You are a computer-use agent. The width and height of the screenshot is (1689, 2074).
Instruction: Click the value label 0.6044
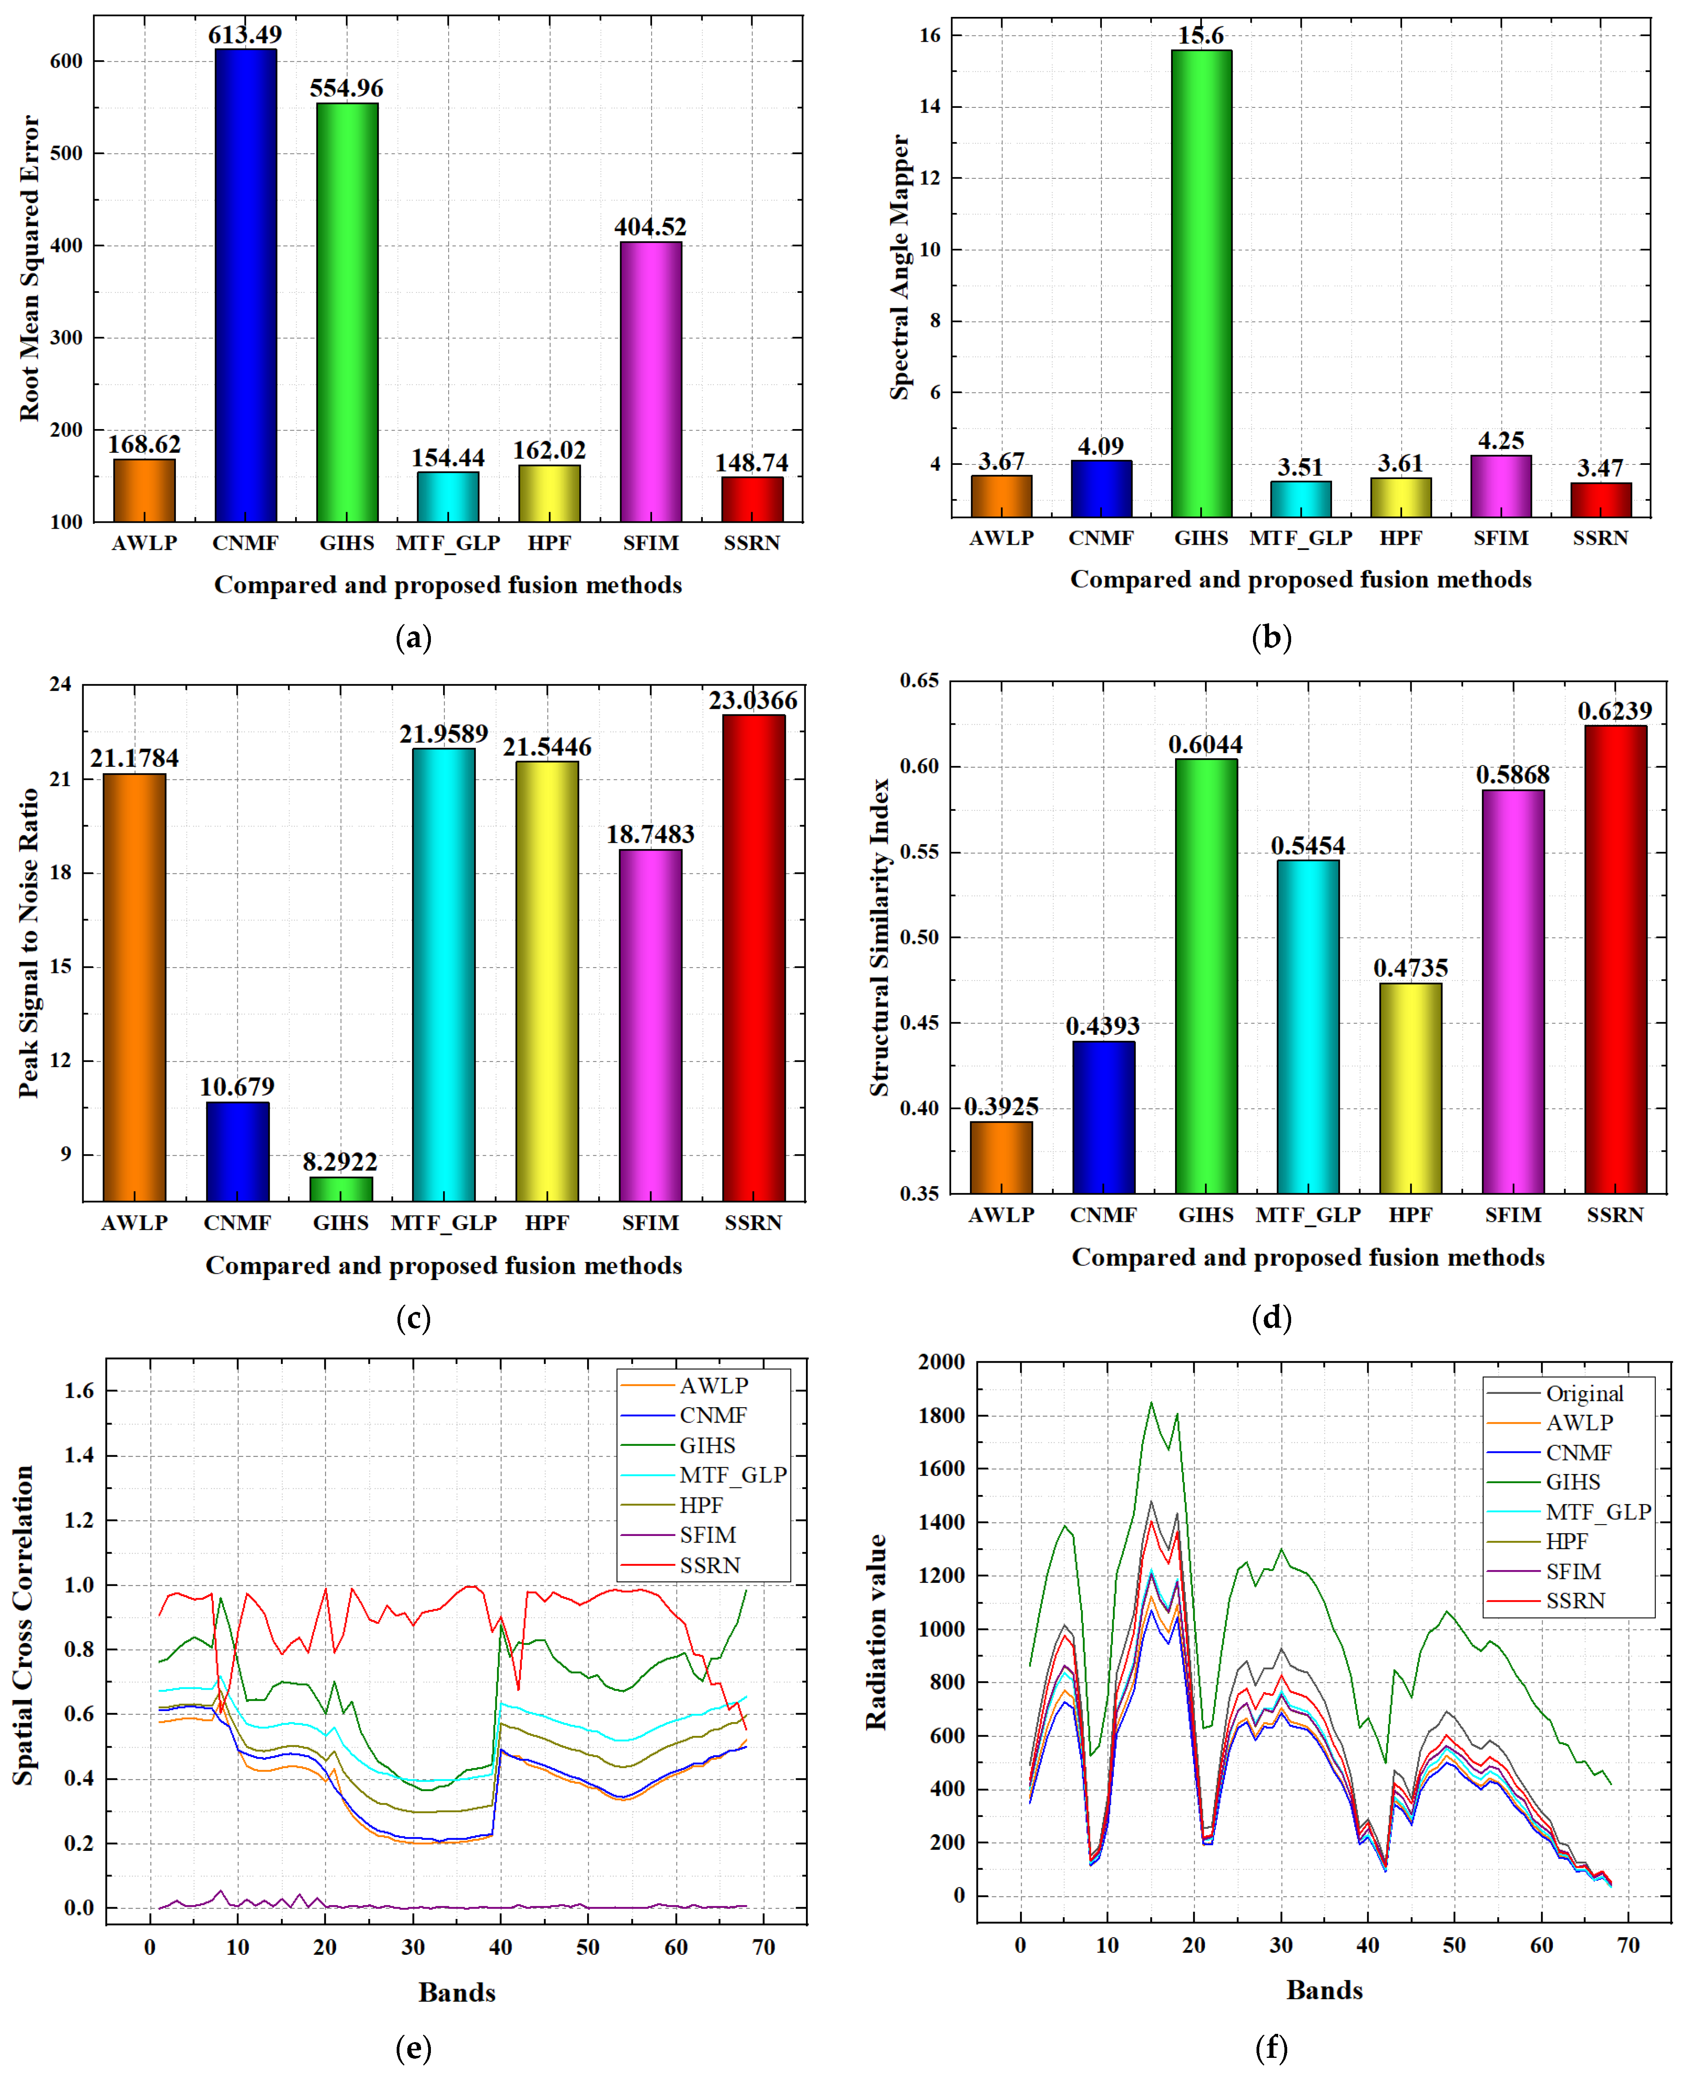tap(1205, 744)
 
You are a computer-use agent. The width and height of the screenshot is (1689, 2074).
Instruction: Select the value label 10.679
tap(237, 1086)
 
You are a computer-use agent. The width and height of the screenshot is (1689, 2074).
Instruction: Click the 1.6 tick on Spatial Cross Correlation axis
tap(79, 1391)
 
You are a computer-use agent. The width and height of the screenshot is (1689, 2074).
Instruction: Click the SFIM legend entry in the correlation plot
tap(707, 1535)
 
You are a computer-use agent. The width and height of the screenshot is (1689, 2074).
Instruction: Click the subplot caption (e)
tap(414, 2048)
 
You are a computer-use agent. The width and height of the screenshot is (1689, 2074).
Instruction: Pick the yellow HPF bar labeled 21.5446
tap(547, 981)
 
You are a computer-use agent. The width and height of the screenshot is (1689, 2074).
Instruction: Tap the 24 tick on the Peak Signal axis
tap(60, 684)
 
